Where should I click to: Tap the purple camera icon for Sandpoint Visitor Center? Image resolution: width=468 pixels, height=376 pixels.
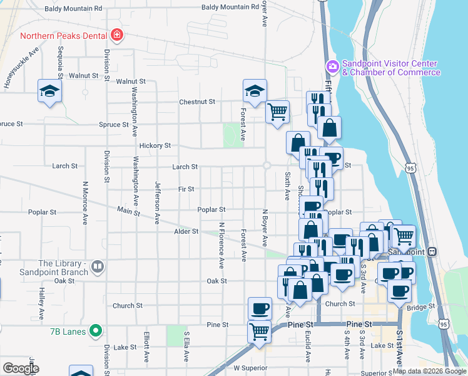coord(332,66)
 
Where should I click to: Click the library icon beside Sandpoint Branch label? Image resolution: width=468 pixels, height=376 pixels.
coord(96,268)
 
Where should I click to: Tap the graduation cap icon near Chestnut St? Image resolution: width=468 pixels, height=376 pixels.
coord(255,90)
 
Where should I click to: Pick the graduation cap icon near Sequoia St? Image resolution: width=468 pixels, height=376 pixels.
coord(49,90)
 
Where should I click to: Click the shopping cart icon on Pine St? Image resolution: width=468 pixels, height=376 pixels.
coord(260,331)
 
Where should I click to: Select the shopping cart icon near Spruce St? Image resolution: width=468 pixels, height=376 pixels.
coord(277,112)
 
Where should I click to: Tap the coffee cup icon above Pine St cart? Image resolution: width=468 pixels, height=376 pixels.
coord(260,308)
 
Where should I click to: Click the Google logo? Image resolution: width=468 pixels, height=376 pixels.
coord(21,368)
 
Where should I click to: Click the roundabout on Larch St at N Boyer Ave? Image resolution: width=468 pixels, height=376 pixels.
coord(266,165)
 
